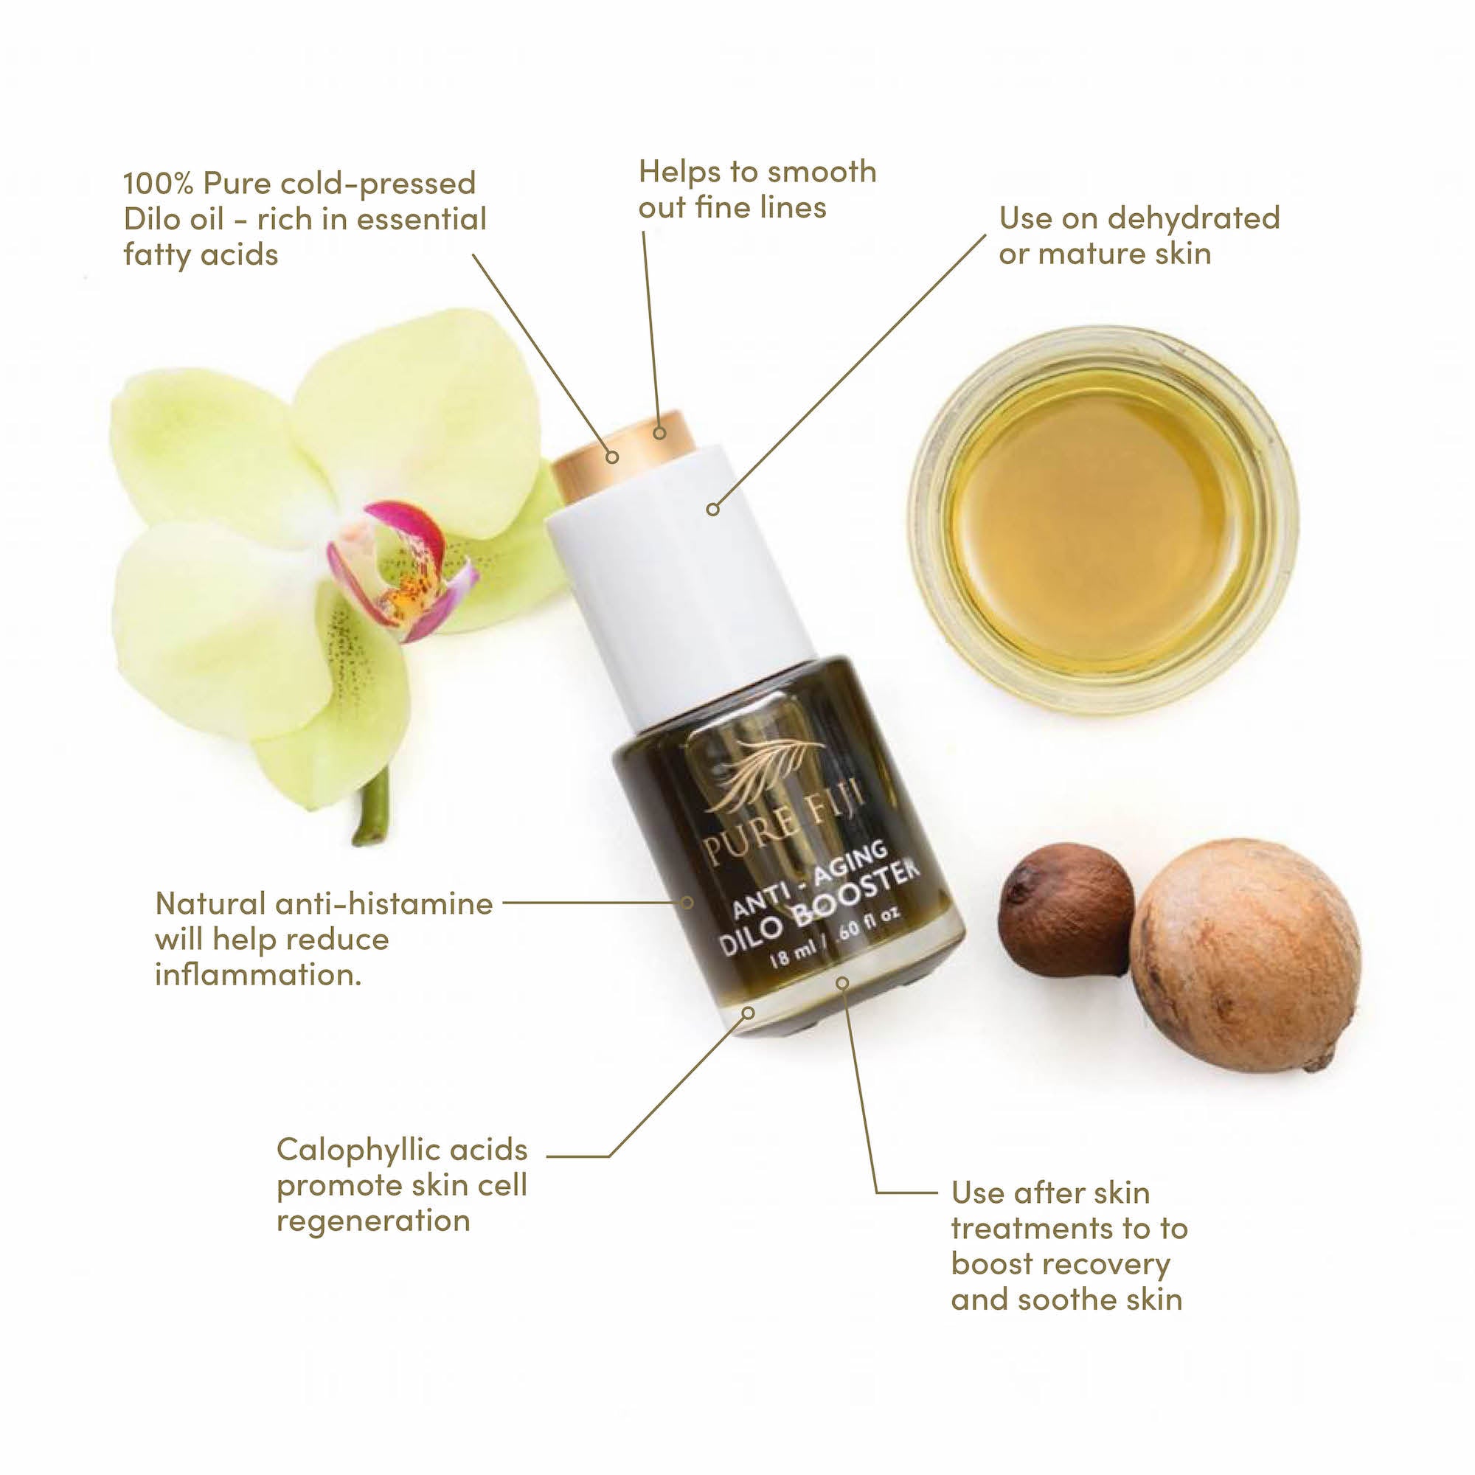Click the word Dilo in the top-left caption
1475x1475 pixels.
(x=149, y=219)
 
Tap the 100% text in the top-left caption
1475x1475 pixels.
(x=157, y=183)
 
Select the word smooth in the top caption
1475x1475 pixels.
(x=821, y=172)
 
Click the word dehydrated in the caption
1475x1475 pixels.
(x=1193, y=218)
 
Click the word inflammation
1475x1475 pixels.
(x=258, y=975)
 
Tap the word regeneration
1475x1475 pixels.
(x=372, y=1220)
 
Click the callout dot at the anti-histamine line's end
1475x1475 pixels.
(x=687, y=903)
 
